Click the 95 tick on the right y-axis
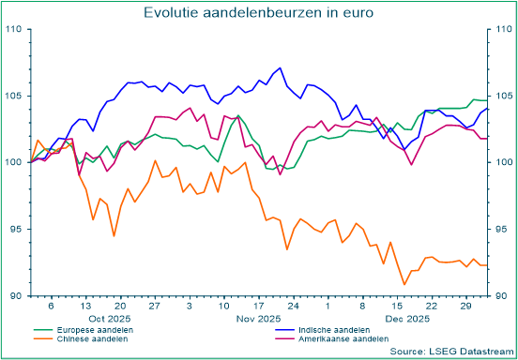501,230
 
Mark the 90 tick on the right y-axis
501,296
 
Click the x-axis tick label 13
85,307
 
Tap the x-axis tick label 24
293,307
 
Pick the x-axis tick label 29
465,307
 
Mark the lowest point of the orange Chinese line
404,284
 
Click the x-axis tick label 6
51,307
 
